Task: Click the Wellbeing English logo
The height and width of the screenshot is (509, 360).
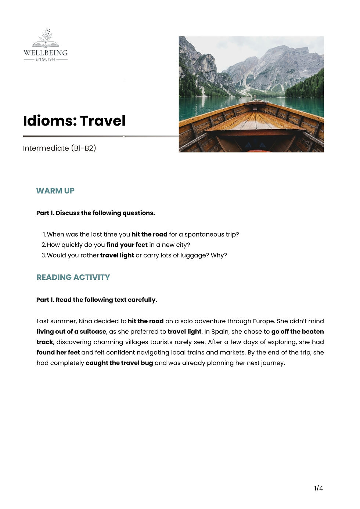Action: pos(46,45)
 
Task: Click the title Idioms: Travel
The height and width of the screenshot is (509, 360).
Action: pos(74,121)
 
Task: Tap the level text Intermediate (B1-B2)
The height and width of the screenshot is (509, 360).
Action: pos(59,148)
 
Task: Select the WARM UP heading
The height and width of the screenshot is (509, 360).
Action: pos(55,191)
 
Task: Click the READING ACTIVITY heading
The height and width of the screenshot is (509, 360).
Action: pos(73,277)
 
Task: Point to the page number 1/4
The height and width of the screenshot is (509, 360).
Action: pos(318,488)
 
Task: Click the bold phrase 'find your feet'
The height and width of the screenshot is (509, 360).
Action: pos(127,245)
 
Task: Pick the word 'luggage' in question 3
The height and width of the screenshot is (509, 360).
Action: pos(195,255)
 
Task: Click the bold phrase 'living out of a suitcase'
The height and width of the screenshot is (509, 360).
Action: pos(71,332)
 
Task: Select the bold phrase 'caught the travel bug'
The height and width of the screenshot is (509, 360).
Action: pos(119,363)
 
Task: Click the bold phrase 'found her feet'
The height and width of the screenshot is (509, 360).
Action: pos(58,353)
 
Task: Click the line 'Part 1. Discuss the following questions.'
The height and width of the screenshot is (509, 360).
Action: pos(96,213)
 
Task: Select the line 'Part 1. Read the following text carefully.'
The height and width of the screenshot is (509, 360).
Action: pos(97,300)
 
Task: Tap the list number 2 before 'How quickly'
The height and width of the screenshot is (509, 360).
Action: pos(43,245)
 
